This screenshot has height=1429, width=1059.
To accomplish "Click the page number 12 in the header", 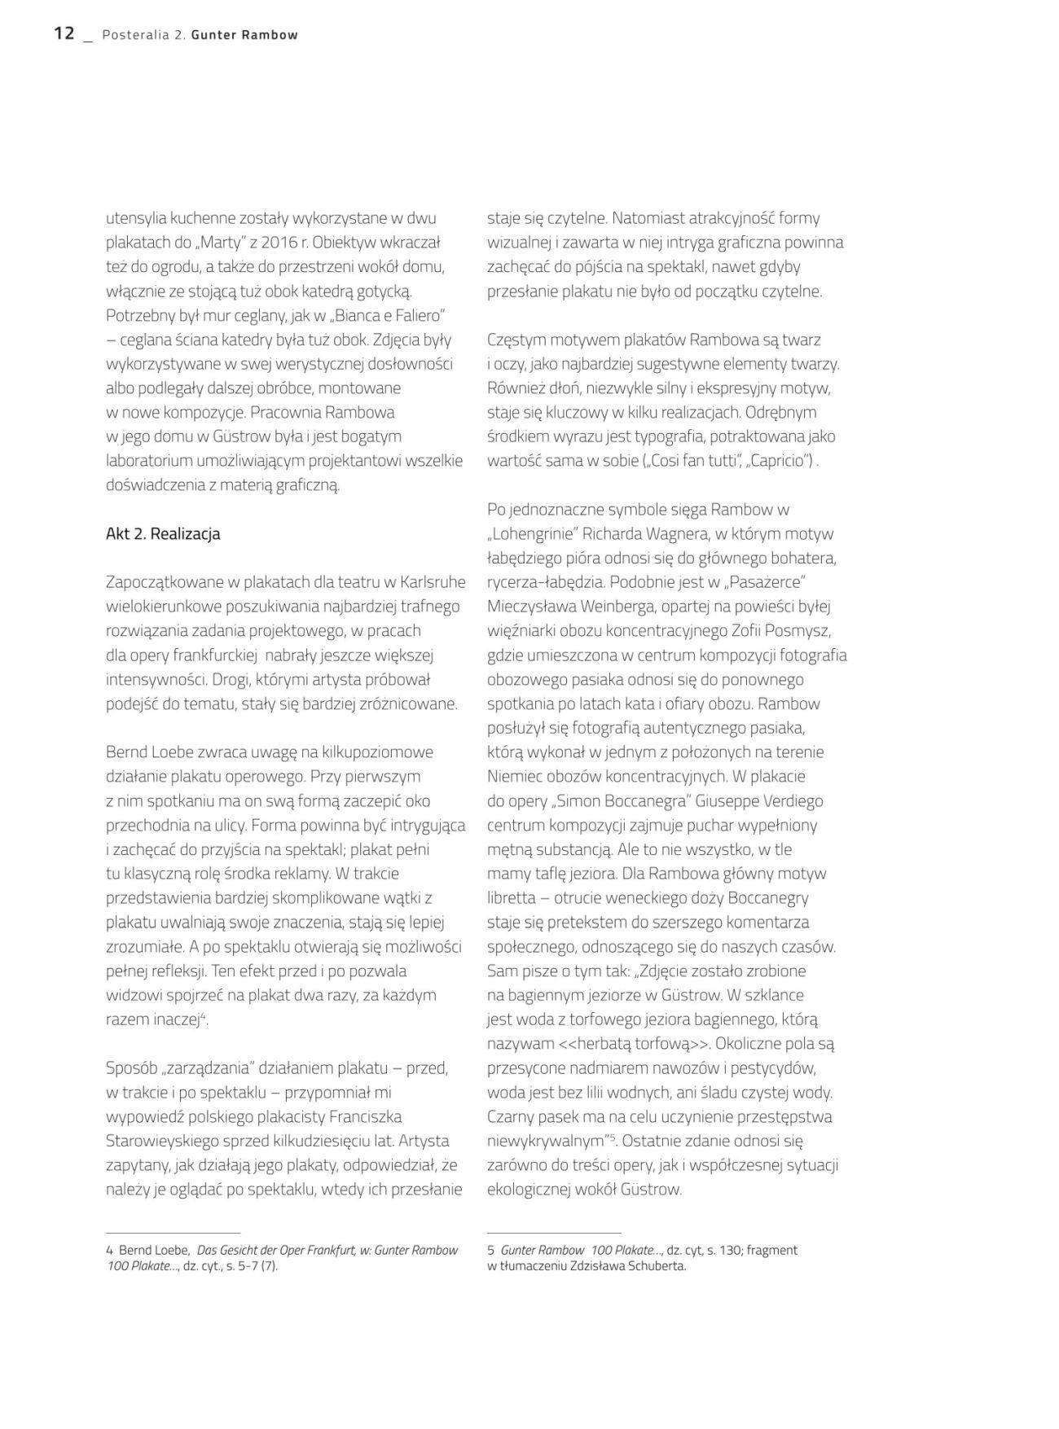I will (x=64, y=33).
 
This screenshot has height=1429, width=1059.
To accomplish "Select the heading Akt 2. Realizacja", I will (x=163, y=534).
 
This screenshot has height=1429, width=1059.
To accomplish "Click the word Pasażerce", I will (x=762, y=582).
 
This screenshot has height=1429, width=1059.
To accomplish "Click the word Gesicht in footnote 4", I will (x=244, y=1250).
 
